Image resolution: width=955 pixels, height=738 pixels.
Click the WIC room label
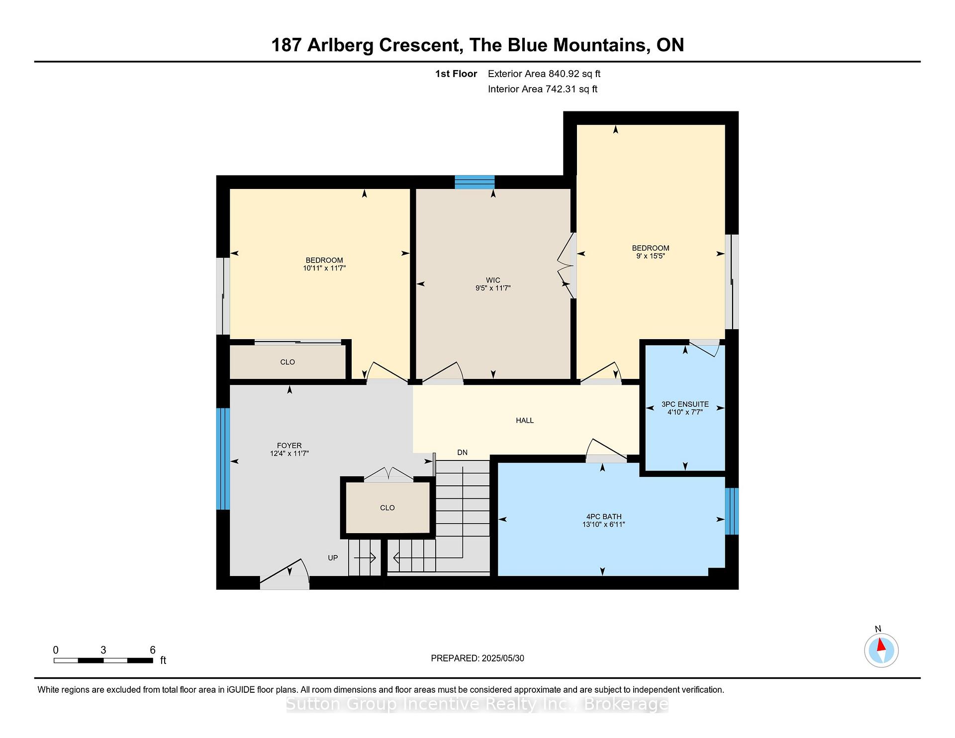tap(493, 280)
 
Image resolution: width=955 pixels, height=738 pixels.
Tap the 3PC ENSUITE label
tap(685, 404)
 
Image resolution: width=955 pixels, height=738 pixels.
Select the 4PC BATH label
tap(603, 517)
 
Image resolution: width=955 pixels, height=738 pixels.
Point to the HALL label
tap(525, 420)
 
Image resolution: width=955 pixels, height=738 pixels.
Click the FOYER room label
tap(289, 446)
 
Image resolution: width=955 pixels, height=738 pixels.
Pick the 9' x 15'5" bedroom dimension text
tap(651, 256)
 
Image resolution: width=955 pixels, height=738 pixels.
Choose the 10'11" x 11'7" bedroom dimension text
tap(324, 268)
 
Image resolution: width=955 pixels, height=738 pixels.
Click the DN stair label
tap(463, 453)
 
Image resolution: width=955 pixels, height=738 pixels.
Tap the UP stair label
tap(333, 558)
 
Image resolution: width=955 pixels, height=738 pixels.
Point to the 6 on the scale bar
tap(153, 650)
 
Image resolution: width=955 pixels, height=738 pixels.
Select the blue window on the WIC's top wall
tap(475, 182)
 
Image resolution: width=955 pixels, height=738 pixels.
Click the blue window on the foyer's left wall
tap(223, 459)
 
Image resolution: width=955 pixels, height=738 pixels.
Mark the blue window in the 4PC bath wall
tap(732, 511)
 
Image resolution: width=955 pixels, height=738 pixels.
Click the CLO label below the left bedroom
tap(287, 362)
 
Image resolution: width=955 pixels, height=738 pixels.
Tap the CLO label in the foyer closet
tap(387, 508)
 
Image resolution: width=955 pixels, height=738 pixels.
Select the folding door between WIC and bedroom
tap(567, 266)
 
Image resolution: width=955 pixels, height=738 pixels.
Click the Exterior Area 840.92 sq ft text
tap(544, 74)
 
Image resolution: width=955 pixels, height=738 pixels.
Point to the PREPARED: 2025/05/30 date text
tap(477, 658)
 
